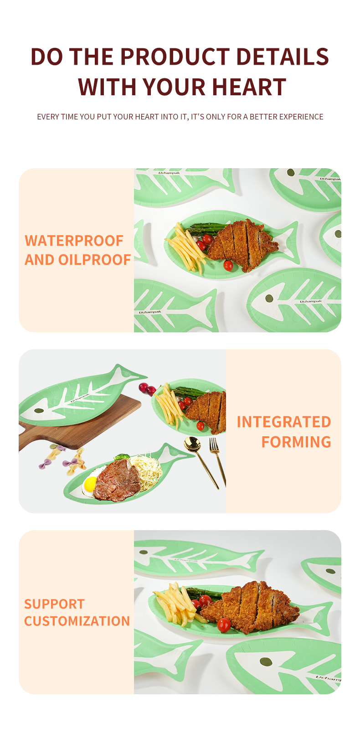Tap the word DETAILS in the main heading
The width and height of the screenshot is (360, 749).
[x=283, y=56]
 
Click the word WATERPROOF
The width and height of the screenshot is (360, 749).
[x=74, y=241]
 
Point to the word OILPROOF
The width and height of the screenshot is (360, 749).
[x=94, y=260]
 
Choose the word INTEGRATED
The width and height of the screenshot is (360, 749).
[x=284, y=422]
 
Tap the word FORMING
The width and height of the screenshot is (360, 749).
[x=296, y=442]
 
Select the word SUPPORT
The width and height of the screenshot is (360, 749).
[x=54, y=604]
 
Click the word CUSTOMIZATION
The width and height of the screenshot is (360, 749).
[x=77, y=621]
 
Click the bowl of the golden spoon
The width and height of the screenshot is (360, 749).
[x=192, y=444]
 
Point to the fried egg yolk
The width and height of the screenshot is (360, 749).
[x=90, y=484]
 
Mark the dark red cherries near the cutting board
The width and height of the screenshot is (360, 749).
[x=147, y=388]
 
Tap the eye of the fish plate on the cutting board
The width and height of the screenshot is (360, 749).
[x=39, y=410]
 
